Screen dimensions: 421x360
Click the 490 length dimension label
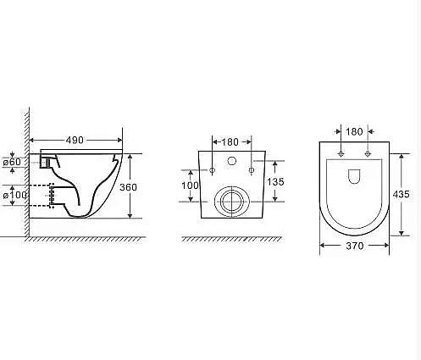[x=75, y=140]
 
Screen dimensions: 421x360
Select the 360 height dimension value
[x=128, y=187]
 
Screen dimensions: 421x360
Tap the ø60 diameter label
[x=12, y=162]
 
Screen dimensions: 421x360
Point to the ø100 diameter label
[x=15, y=195]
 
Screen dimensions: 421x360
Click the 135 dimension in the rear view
[x=275, y=182]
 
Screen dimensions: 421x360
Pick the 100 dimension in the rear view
[x=190, y=186]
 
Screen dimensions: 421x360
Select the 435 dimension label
[x=401, y=194]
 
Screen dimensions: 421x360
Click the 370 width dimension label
[x=355, y=246]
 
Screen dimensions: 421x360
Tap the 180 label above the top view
[x=354, y=131]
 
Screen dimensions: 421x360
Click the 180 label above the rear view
[x=230, y=142]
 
